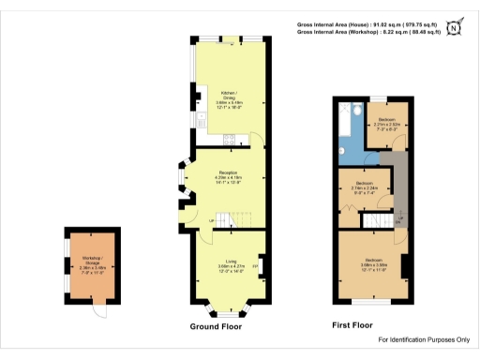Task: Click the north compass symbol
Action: (x=456, y=27)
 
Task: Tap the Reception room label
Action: (x=227, y=177)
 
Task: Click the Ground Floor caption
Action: (x=215, y=327)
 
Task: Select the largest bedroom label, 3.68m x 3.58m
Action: (x=374, y=263)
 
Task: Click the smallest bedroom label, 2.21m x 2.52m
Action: (x=386, y=127)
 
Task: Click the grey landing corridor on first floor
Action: (x=399, y=183)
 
